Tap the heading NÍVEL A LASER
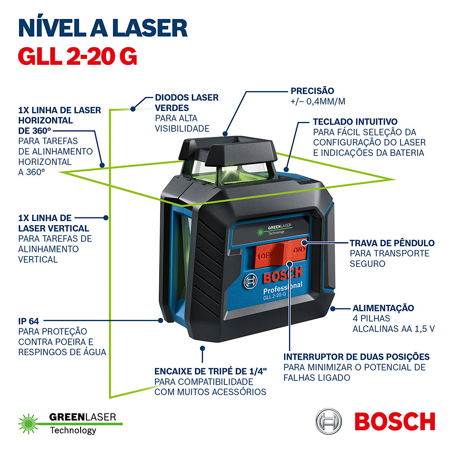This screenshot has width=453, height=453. click(103, 28)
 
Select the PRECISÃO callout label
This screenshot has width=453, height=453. click(312, 91)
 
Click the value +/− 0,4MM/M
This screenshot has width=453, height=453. click(318, 101)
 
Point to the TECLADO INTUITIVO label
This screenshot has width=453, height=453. click(355, 121)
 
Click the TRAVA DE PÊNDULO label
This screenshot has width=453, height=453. click(392, 243)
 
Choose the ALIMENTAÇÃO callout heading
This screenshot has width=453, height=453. click(383, 308)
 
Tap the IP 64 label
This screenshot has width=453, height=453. click(29, 321)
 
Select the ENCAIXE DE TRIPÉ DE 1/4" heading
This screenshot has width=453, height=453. click(210, 371)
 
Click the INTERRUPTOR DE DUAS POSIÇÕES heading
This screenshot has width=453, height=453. click(356, 357)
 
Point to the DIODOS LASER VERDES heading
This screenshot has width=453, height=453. click(187, 102)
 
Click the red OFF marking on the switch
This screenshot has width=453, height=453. click(266, 255)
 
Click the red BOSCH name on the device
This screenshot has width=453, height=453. click(283, 275)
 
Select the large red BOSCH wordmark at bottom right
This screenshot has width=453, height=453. click(395, 421)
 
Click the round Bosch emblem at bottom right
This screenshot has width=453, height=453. click(328, 421)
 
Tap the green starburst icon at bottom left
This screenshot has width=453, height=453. click(28, 424)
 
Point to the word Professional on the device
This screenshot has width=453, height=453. click(283, 288)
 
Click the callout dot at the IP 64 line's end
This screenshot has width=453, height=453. click(161, 320)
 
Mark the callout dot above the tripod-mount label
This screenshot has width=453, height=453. click(202, 348)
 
